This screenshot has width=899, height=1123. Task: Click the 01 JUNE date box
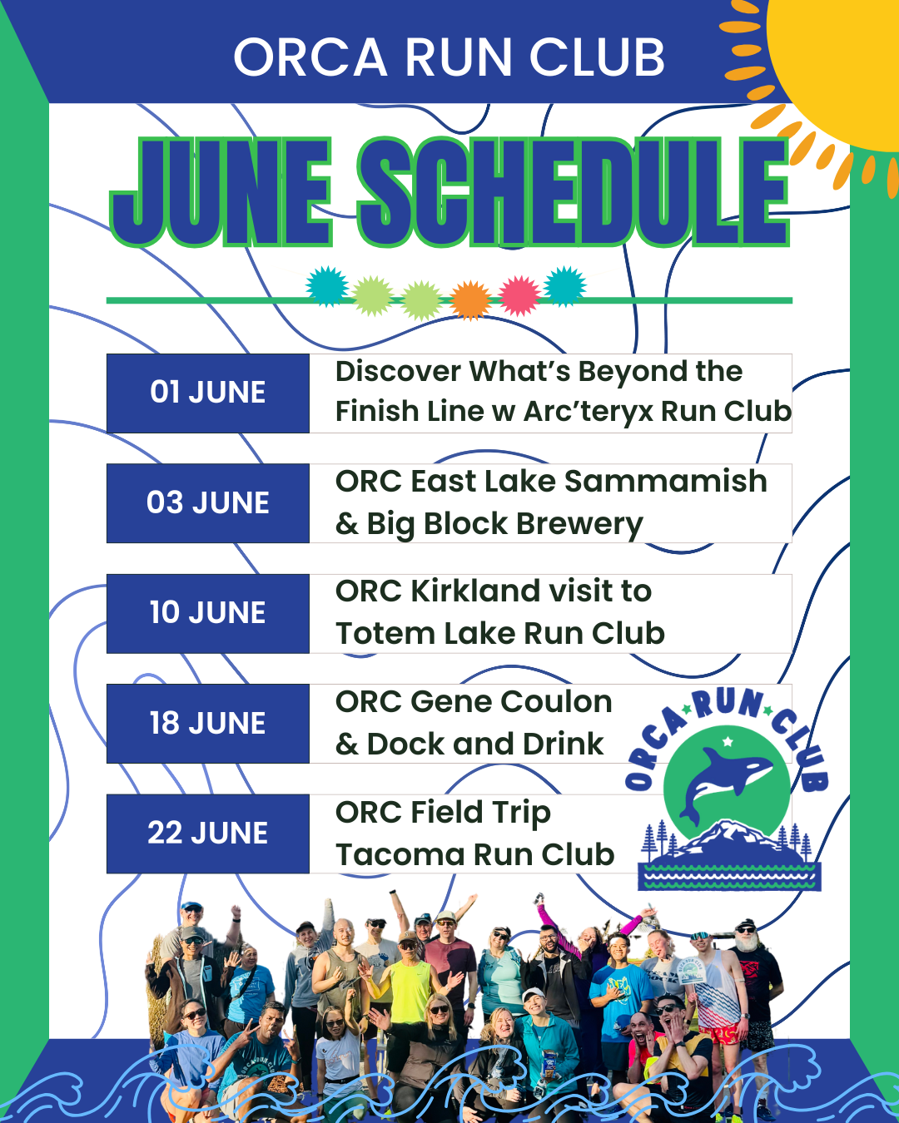point(208,393)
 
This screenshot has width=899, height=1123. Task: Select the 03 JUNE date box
point(208,503)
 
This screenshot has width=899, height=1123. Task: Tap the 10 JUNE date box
point(208,613)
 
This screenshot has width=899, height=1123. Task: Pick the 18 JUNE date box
point(208,724)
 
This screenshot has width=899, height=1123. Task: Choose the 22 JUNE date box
point(208,834)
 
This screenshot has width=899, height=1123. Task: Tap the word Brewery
point(579,524)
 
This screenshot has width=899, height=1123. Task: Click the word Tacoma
point(392,855)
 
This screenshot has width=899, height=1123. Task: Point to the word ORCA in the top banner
point(310,58)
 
